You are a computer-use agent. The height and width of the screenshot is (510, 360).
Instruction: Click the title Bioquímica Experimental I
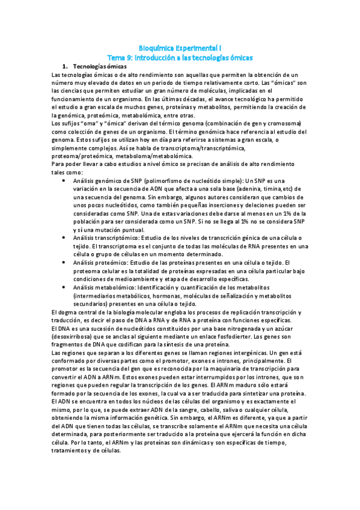tap(180, 46)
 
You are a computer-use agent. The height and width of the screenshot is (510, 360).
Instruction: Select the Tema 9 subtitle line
tap(180, 55)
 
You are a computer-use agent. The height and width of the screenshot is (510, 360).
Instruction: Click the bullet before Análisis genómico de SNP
tap(65, 180)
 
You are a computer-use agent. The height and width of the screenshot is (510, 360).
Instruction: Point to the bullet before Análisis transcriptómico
tap(65, 238)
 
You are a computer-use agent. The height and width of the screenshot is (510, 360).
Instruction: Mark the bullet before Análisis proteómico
tap(65, 263)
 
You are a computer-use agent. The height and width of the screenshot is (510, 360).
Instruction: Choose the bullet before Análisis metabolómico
tap(65, 287)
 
